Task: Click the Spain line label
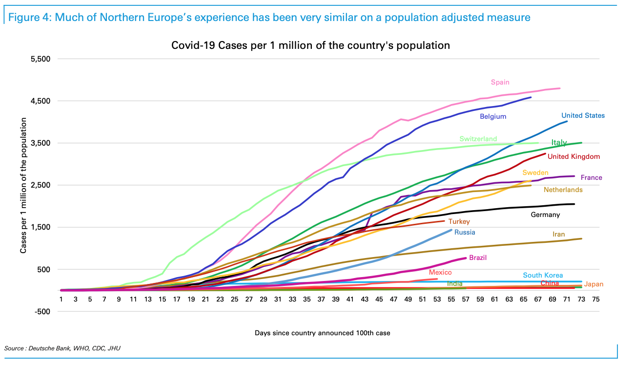[500, 83]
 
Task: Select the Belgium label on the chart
[493, 117]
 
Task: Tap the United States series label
[583, 116]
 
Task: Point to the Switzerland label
[478, 139]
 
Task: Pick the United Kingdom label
[573, 157]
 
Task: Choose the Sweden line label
[535, 173]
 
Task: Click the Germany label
[545, 215]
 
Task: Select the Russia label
[465, 233]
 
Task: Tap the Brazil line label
[478, 258]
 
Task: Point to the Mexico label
[440, 273]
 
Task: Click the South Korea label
[543, 276]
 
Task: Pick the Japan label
[593, 284]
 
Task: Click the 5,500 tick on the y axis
[41, 59]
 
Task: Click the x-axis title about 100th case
[322, 333]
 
